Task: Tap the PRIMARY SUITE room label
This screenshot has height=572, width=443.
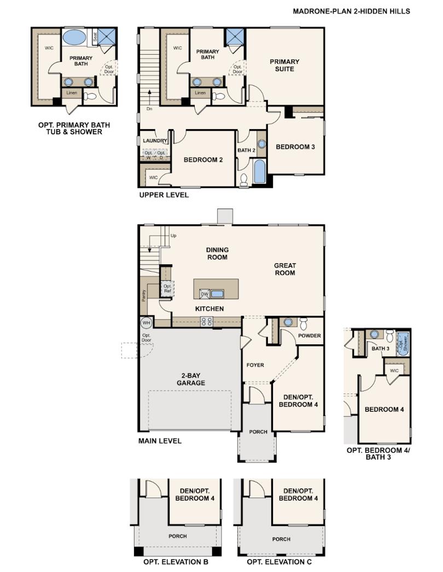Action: pyautogui.click(x=284, y=65)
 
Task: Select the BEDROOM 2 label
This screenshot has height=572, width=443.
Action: pyautogui.click(x=203, y=160)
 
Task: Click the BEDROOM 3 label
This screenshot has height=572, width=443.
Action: pyautogui.click(x=295, y=147)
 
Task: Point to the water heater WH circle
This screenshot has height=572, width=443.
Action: pyautogui.click(x=146, y=322)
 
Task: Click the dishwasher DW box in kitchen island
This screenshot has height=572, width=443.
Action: pyautogui.click(x=204, y=293)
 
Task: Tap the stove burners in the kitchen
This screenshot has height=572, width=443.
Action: pyautogui.click(x=207, y=322)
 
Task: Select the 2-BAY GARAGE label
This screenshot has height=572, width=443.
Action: pyautogui.click(x=190, y=379)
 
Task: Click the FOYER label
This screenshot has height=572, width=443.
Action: pyautogui.click(x=255, y=365)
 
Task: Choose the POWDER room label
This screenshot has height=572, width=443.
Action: pyautogui.click(x=310, y=336)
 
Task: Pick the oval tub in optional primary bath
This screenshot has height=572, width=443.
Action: pyautogui.click(x=74, y=38)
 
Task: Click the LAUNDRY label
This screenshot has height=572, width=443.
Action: pyautogui.click(x=154, y=141)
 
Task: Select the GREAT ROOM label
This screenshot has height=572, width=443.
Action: pyautogui.click(x=284, y=269)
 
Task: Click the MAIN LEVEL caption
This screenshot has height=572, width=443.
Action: pyautogui.click(x=160, y=441)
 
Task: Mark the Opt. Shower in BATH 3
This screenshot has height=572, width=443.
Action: pyautogui.click(x=403, y=344)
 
